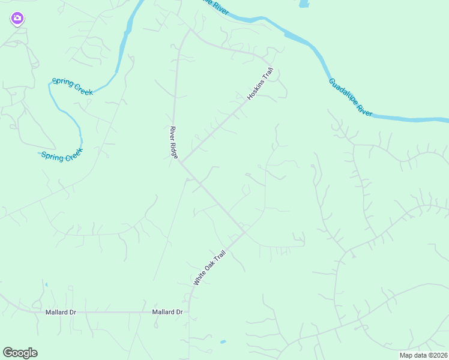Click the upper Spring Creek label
coord(73,86)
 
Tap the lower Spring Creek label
coord(61,155)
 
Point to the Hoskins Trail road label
coord(260,83)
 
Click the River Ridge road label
coord(173,142)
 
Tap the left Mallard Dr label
coord(61,312)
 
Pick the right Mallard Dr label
coord(167,312)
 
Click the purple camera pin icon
coord(17,19)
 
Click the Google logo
coord(20,353)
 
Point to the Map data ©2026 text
coord(423,355)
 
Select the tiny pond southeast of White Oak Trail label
coord(223,342)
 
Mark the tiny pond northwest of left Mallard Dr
coord(46,284)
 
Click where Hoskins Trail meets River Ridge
coord(181,163)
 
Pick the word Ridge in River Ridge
coord(175,150)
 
